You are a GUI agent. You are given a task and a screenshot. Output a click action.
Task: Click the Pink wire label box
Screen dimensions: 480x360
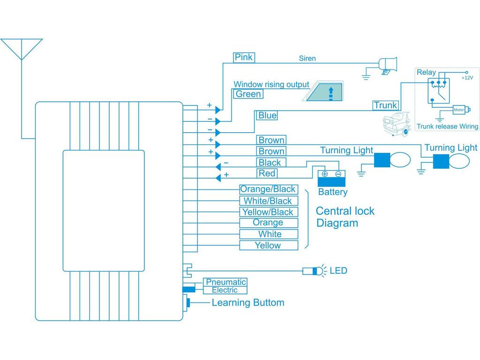coord(244,57)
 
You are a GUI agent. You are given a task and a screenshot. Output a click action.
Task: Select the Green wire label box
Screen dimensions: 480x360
coord(248,94)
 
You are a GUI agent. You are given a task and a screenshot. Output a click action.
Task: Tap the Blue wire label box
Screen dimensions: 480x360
coord(267,115)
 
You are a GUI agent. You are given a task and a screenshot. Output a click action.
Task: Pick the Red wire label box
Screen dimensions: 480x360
coord(267,173)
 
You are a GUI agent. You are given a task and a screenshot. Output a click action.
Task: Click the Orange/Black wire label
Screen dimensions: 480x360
coord(269,189)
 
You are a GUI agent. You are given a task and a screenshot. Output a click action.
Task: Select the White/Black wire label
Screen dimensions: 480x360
coord(269,201)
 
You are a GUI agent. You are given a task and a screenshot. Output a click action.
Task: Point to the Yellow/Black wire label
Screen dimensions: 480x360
coord(269,212)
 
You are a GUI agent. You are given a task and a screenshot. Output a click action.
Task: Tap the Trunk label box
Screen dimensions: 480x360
coord(386,105)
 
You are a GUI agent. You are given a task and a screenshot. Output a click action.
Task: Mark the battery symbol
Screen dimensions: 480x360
coord(331,179)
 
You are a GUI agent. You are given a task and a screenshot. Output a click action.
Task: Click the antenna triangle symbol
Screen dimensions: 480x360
coord(22,49)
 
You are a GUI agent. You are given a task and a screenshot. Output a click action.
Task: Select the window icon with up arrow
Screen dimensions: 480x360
coord(323,91)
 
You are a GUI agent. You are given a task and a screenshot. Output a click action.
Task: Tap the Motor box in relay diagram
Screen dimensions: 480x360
coord(459,110)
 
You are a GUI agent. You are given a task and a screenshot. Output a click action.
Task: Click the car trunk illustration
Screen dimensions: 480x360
coord(397,124)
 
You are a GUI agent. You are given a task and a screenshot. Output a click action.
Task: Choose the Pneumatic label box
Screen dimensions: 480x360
coord(225,282)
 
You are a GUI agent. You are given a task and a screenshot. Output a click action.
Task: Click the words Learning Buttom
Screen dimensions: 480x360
coord(248,303)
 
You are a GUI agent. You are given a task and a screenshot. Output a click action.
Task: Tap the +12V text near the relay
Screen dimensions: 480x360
coord(467,78)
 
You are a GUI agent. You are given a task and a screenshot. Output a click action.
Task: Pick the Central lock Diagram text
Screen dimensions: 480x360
coord(345,217)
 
